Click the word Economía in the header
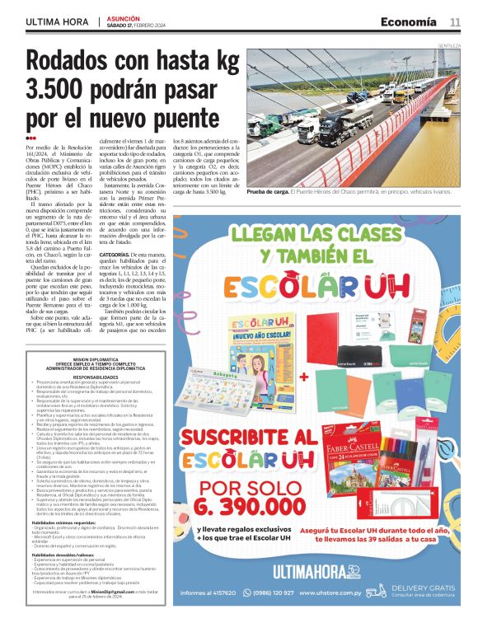408,21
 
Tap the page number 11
454,21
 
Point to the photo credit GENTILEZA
449,44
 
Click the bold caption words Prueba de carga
269,190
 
